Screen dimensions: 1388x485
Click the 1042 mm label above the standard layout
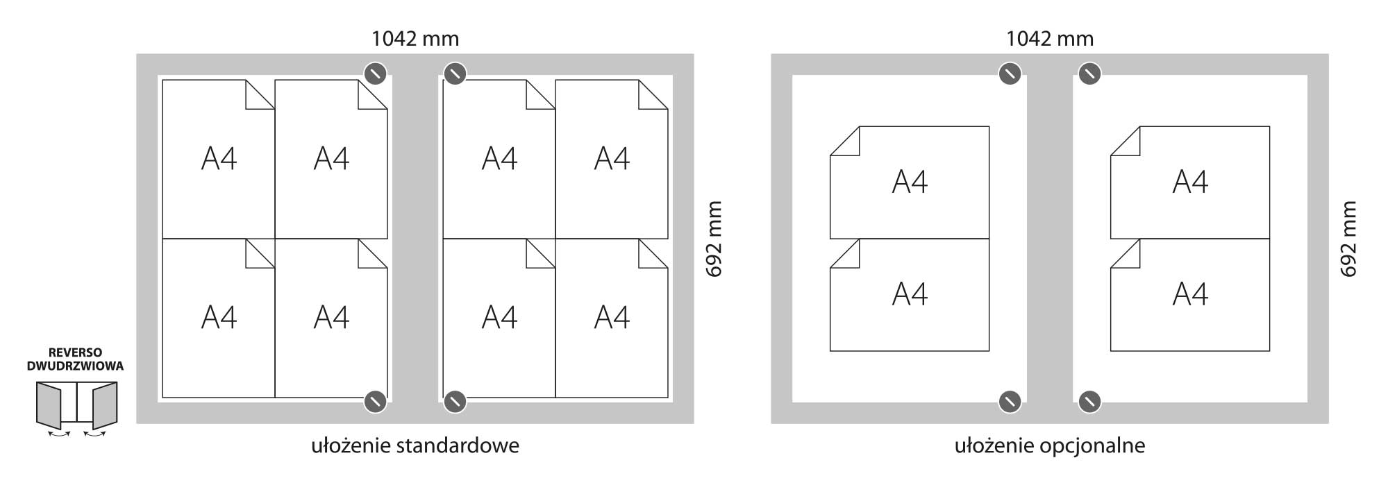click(x=415, y=38)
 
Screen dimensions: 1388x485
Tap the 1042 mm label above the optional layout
click(x=1050, y=38)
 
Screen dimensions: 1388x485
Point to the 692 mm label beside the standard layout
click(x=714, y=239)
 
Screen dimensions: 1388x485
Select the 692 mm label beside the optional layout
click(x=1348, y=239)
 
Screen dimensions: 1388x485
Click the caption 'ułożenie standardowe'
click(x=415, y=445)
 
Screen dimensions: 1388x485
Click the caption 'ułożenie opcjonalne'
click(x=1050, y=445)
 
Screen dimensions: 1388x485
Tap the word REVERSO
click(x=75, y=353)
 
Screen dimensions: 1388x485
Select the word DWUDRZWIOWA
click(x=75, y=366)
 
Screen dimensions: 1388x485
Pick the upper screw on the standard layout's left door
click(x=375, y=74)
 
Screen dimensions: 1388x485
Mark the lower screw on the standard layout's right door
click(x=455, y=401)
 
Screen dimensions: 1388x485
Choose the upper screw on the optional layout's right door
click(x=1089, y=74)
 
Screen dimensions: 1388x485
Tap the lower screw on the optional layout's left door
click(x=1010, y=401)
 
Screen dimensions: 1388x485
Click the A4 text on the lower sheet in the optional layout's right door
click(x=1190, y=294)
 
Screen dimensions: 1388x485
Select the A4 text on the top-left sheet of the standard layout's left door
click(x=219, y=159)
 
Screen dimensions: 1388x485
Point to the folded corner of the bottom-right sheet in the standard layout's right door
click(x=653, y=254)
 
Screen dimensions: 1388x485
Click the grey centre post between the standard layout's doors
click(x=415, y=239)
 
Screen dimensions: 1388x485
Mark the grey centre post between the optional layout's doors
click(x=1050, y=239)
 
